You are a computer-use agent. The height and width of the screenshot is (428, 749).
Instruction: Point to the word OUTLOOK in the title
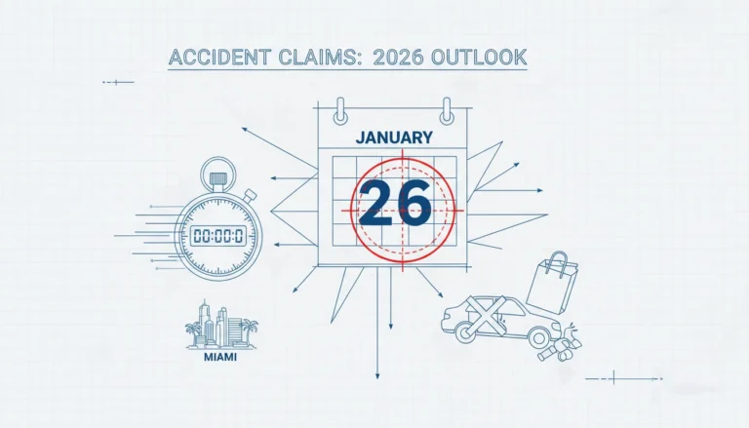pos(479,58)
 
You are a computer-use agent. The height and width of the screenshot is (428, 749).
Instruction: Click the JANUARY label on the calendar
pos(394,137)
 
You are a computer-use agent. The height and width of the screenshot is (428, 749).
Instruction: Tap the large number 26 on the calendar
pos(395,203)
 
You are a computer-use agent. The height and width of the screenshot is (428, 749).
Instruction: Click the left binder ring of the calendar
pos(340,111)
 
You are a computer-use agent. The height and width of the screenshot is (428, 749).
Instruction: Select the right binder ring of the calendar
pos(447,111)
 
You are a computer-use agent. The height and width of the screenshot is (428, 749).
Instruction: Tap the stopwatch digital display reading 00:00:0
pos(217,236)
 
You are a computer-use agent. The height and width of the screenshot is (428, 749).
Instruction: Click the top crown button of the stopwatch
pos(217,179)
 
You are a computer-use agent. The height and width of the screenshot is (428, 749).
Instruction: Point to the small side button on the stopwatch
pos(250,195)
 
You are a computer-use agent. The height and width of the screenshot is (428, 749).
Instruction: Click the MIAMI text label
pos(219,357)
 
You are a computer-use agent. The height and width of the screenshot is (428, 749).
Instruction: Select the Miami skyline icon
pos(221,325)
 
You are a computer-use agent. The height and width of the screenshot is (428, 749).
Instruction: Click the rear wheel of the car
pos(539,337)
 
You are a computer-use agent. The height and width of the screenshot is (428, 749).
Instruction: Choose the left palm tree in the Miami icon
pos(193,332)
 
